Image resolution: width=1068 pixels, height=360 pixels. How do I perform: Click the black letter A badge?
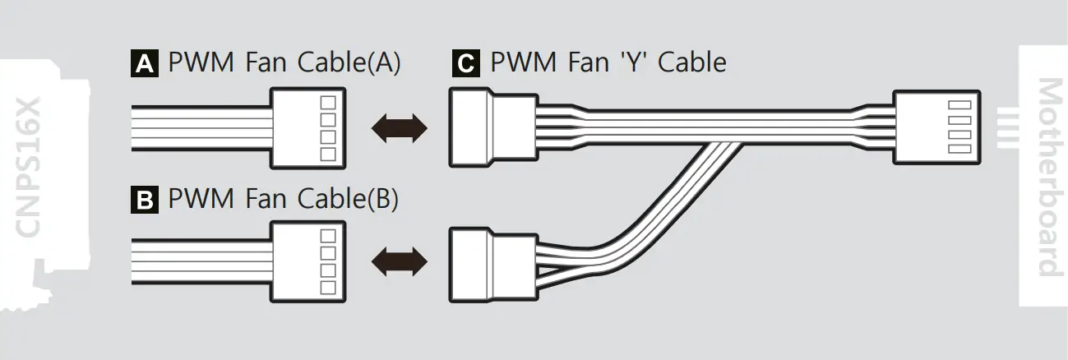click(x=145, y=64)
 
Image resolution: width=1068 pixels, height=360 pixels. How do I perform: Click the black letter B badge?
click(x=145, y=201)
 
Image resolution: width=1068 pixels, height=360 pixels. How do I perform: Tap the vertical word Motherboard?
click(x=1046, y=177)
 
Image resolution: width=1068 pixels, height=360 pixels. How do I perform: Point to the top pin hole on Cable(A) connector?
click(x=327, y=102)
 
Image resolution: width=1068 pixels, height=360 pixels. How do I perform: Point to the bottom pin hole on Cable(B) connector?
click(x=327, y=288)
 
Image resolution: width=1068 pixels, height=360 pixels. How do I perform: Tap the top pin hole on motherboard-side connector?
click(x=956, y=105)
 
